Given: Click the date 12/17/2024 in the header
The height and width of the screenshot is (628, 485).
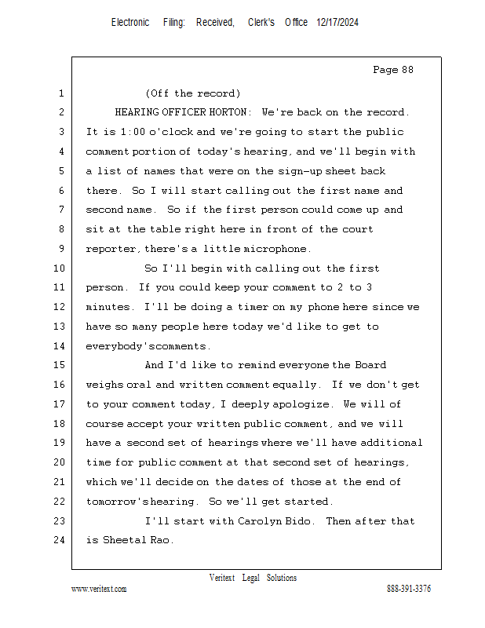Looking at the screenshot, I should pos(337,23).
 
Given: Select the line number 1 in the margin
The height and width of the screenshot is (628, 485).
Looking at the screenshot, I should pos(60,93).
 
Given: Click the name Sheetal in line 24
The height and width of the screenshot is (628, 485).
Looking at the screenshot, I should pos(122,540).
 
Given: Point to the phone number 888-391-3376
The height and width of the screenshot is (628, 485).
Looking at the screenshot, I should pos(409,590).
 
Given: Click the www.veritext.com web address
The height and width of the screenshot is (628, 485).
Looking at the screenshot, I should pos(99,590).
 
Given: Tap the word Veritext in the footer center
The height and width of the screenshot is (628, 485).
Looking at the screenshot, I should pos(222,578).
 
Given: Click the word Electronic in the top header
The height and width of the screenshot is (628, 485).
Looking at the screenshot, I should pos(130,23).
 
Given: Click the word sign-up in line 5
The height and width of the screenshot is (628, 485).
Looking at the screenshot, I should pos(299,171).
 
